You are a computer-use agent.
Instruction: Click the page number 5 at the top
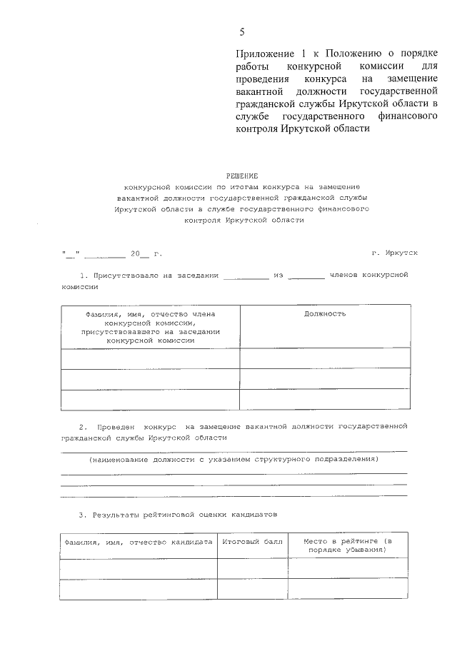tap(242, 31)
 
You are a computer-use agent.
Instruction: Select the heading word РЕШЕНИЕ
tap(243, 175)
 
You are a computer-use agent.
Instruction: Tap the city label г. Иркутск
tap(395, 253)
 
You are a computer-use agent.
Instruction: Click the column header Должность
tap(325, 313)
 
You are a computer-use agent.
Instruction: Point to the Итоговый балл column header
tap(252, 542)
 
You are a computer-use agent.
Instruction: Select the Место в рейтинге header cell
tap(348, 547)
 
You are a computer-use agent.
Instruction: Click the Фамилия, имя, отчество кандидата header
tap(139, 542)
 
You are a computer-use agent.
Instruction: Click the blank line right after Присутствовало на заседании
tap(246, 276)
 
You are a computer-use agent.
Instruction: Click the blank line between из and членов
tap(306, 276)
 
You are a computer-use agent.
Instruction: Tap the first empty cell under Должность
tap(325, 358)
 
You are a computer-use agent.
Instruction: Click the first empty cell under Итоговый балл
tap(252, 568)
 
